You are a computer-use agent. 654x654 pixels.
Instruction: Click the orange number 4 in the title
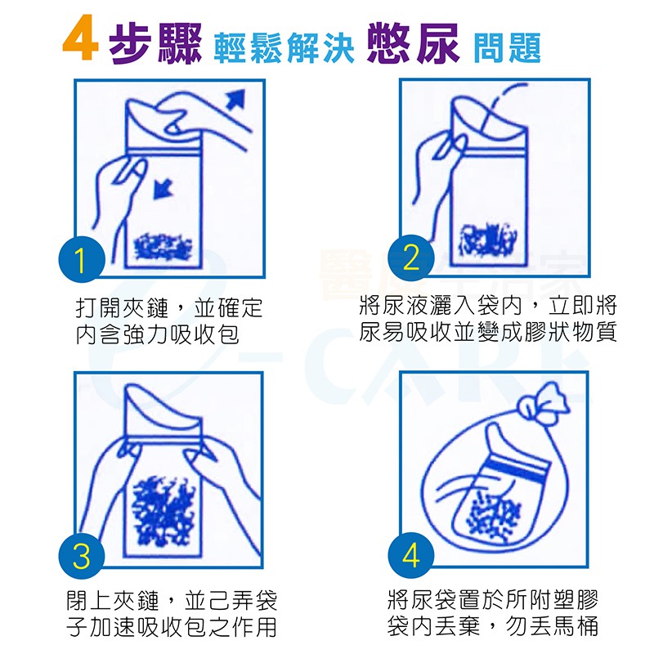click(x=81, y=38)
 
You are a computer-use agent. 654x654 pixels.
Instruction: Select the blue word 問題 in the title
click(x=507, y=47)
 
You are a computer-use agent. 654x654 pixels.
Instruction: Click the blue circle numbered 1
click(x=81, y=259)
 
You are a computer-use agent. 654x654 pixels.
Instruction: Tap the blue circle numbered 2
click(x=411, y=258)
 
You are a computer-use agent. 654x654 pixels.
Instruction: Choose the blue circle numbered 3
click(x=81, y=556)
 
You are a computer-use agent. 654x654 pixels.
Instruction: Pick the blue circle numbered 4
click(x=411, y=556)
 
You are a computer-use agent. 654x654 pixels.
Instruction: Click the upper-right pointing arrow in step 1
click(x=235, y=99)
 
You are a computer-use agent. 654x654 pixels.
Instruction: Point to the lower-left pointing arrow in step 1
click(x=163, y=190)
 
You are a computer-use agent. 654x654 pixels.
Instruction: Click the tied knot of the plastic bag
click(x=543, y=403)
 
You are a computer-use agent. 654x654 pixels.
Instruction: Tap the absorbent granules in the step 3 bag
click(x=163, y=510)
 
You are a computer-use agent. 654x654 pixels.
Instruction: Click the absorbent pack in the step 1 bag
click(x=163, y=248)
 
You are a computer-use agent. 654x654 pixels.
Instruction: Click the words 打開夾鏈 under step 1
click(x=122, y=308)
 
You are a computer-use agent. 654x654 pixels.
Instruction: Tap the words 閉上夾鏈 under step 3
click(x=113, y=601)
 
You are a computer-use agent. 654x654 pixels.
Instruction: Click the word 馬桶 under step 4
click(x=576, y=625)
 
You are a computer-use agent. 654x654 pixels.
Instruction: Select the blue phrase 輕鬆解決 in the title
click(x=284, y=48)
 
